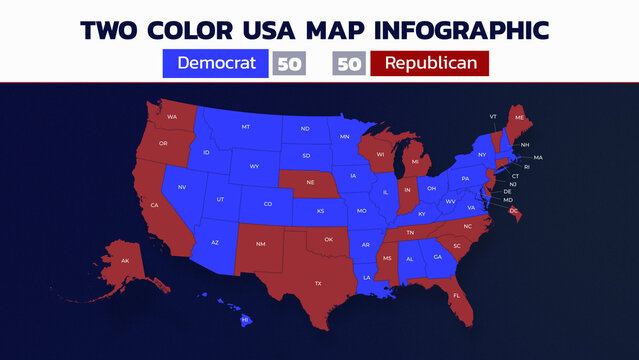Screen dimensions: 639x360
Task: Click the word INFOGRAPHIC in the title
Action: click(x=455, y=29)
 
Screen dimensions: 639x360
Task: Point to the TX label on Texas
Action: click(x=318, y=283)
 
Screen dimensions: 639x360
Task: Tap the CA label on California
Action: click(x=155, y=205)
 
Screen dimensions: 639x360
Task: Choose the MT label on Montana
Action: click(x=246, y=127)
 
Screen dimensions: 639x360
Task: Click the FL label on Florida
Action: click(x=457, y=295)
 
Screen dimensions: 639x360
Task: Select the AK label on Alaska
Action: click(x=125, y=261)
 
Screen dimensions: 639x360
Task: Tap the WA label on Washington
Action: click(x=172, y=117)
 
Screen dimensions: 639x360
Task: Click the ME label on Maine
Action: click(x=519, y=118)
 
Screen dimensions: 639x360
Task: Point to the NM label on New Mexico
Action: click(x=261, y=244)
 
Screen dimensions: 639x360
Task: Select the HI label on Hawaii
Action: click(x=245, y=319)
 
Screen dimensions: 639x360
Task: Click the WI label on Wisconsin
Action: click(x=380, y=155)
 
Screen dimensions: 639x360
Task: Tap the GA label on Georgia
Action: click(x=437, y=257)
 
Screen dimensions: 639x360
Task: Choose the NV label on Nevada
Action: click(x=183, y=188)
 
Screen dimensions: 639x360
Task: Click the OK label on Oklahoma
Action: click(x=327, y=239)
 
